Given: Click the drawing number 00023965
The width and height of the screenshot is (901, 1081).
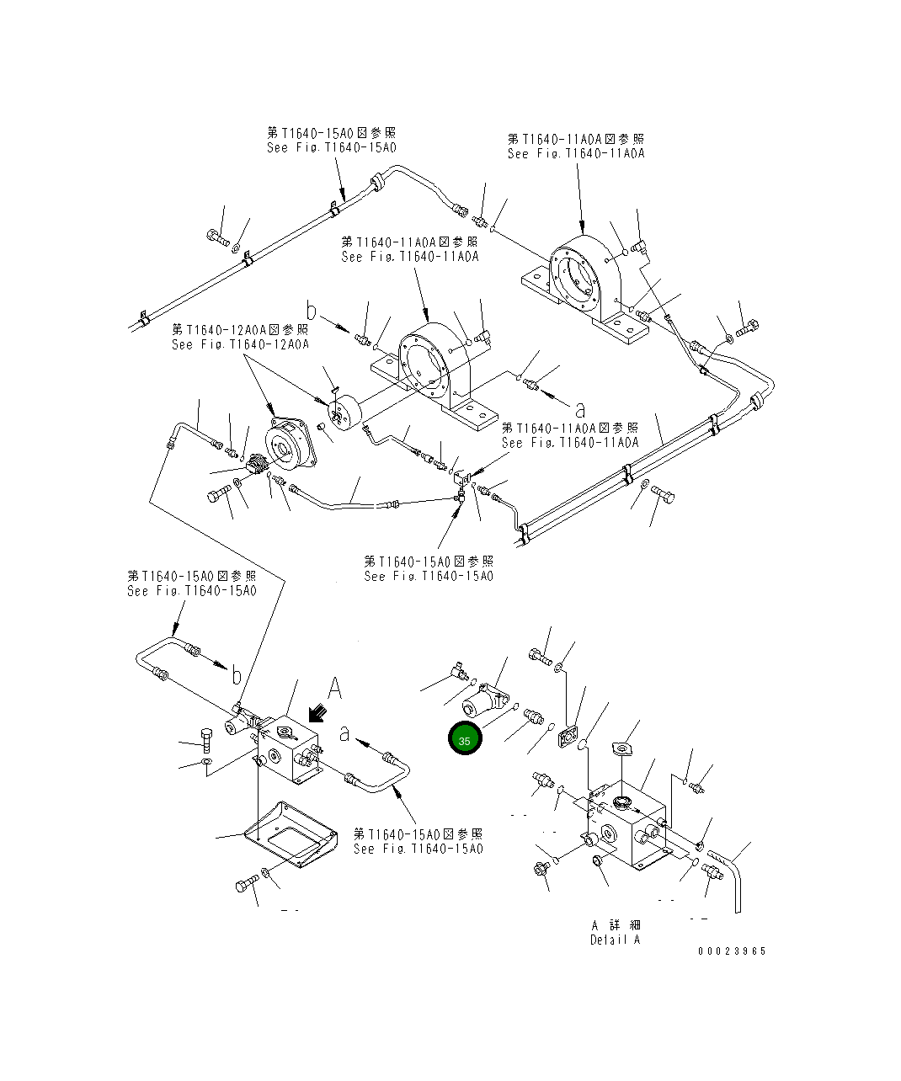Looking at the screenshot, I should point(732,951).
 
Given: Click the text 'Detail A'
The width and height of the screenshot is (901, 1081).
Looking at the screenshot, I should point(615,940).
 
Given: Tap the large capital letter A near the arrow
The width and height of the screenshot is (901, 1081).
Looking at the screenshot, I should point(334,689).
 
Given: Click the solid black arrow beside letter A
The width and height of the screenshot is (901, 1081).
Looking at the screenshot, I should point(318,714).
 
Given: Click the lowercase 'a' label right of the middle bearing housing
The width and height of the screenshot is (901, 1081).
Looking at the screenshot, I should point(580,410).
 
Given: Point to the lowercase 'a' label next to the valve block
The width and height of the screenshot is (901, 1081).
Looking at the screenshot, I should point(344,734).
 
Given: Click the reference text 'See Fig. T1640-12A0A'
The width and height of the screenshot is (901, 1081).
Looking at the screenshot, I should point(240,344).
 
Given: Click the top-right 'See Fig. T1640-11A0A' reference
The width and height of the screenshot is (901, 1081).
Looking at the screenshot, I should point(576,153).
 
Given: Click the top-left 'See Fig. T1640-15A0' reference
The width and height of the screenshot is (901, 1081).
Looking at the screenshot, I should point(331,147).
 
